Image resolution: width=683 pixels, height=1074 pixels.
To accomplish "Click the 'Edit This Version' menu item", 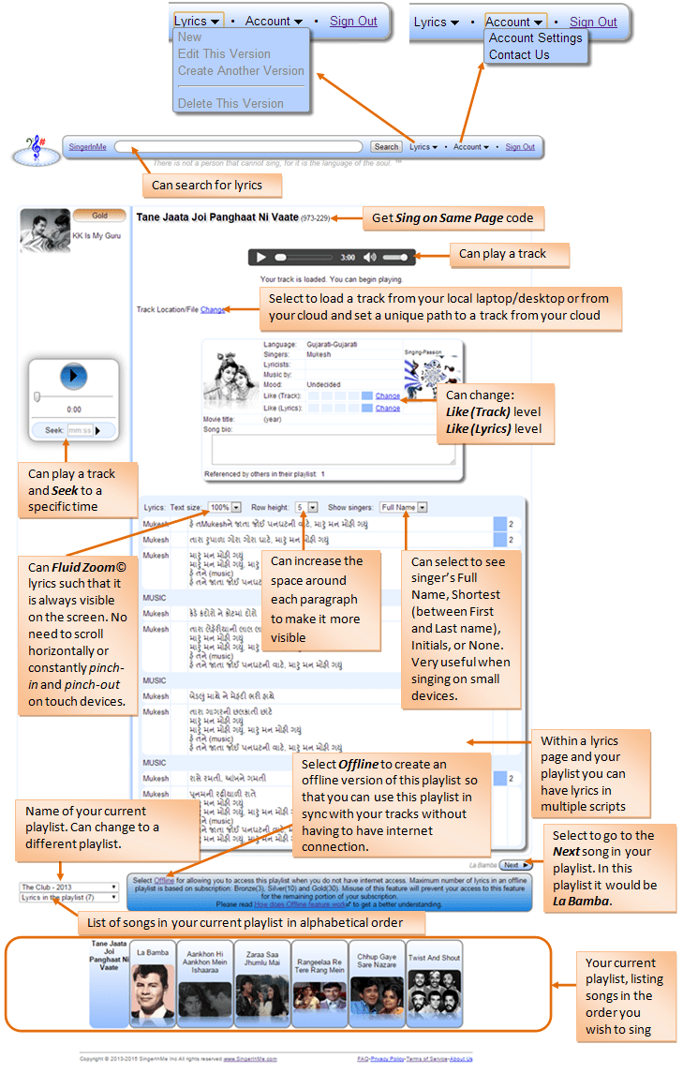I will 224,53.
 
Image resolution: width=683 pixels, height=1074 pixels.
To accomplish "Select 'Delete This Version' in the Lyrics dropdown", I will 230,103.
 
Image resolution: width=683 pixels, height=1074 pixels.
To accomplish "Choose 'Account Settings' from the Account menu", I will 535,38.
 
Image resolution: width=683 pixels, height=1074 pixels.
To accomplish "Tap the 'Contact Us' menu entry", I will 519,54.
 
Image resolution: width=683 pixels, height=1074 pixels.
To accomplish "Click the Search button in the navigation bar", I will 386,147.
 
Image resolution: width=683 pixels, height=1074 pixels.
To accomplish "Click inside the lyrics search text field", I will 239,147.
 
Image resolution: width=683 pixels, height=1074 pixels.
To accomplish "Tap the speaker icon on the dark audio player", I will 370,257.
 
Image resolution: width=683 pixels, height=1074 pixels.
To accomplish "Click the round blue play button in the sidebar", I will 73,377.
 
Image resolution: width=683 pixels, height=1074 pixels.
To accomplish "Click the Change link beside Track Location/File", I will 213,309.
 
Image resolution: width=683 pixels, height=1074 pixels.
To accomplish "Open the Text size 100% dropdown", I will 225,507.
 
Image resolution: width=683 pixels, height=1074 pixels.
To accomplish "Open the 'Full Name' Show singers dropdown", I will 404,507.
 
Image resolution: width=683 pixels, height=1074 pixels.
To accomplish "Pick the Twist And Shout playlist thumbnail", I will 434,983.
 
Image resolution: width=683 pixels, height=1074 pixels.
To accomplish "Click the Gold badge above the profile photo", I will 99,216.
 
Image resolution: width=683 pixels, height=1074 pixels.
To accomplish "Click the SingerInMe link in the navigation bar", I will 88,147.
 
